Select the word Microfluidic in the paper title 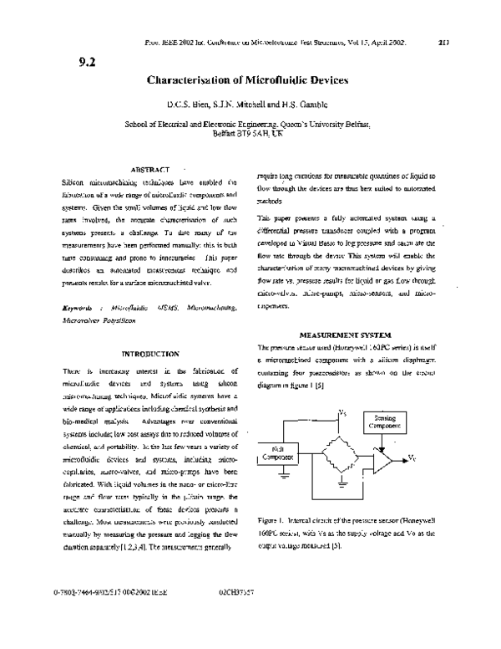coord(269,81)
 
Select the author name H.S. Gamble coord(296,107)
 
